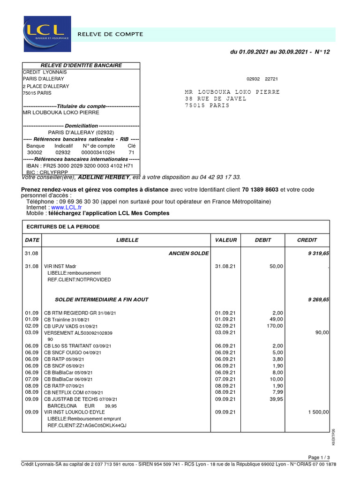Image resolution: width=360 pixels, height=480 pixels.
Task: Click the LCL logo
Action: click(x=47, y=34)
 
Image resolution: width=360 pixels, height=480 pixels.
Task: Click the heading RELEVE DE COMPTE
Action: click(x=110, y=34)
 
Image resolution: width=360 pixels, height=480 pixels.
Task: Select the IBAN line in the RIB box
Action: click(x=80, y=165)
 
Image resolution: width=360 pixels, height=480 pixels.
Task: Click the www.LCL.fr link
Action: click(x=67, y=207)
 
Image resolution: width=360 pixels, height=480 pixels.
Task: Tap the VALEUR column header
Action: click(x=226, y=240)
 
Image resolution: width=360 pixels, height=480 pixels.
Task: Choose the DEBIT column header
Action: click(x=263, y=240)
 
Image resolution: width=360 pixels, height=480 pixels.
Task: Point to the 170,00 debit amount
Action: click(x=275, y=326)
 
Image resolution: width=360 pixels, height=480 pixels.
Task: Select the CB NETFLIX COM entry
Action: click(x=73, y=392)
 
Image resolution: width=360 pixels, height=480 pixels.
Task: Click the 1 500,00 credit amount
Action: click(x=319, y=412)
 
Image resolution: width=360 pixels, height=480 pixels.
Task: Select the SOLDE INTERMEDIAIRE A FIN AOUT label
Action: click(x=102, y=300)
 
